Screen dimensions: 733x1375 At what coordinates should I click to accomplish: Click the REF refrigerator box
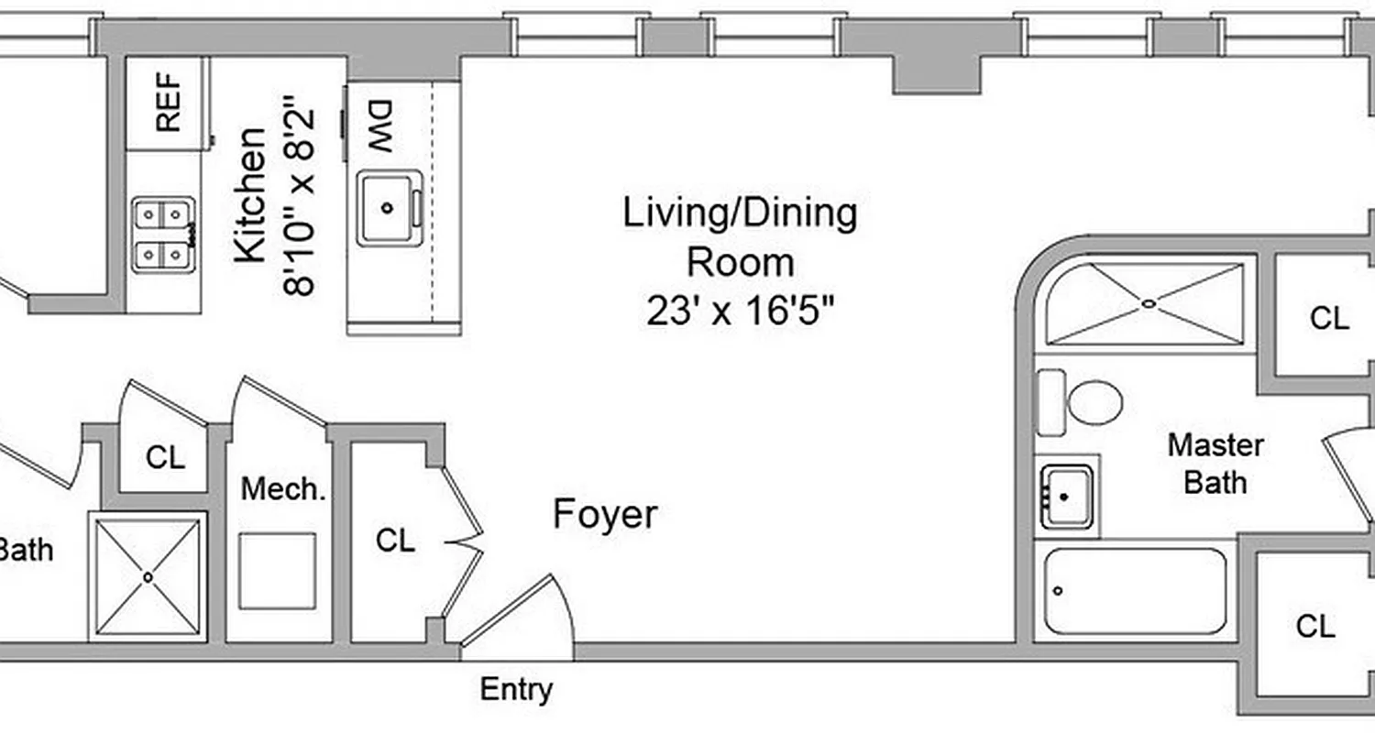tap(167, 103)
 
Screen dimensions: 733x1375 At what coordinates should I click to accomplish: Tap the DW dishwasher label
tap(379, 127)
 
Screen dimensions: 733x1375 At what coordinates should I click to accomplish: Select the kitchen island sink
tap(389, 208)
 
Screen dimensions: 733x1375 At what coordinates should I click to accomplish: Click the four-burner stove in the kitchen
tap(164, 235)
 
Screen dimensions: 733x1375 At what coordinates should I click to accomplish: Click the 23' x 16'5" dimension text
tap(741, 312)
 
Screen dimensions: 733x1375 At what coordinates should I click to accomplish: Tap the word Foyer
tap(605, 515)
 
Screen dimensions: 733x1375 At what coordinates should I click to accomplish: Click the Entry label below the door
tap(516, 689)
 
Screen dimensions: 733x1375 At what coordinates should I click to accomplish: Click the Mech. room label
tap(283, 488)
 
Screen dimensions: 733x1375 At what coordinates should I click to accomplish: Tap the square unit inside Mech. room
tap(277, 571)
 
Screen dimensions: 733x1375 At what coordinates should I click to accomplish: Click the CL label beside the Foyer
tap(395, 541)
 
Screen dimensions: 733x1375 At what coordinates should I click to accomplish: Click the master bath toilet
tap(1082, 402)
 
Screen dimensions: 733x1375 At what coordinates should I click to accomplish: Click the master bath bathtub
tap(1135, 591)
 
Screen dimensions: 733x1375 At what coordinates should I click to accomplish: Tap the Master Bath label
tap(1215, 464)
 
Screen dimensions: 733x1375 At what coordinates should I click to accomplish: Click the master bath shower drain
tap(1147, 303)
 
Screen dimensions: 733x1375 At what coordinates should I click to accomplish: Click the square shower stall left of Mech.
tap(148, 576)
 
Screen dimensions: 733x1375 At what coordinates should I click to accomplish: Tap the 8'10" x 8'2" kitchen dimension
tap(302, 202)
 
